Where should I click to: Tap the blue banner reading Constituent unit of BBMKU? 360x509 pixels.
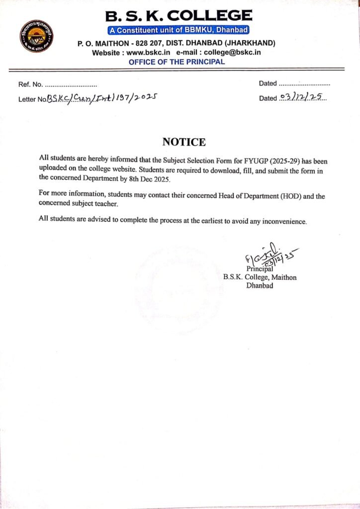[x=179, y=30]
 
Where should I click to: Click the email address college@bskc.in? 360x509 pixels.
[x=233, y=53]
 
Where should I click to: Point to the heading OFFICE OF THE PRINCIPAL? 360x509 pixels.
[x=177, y=62]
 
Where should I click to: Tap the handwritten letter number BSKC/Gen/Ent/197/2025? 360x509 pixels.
[x=102, y=98]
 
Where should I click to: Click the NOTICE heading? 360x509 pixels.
[x=183, y=142]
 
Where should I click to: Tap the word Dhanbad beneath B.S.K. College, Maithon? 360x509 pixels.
[x=260, y=286]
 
